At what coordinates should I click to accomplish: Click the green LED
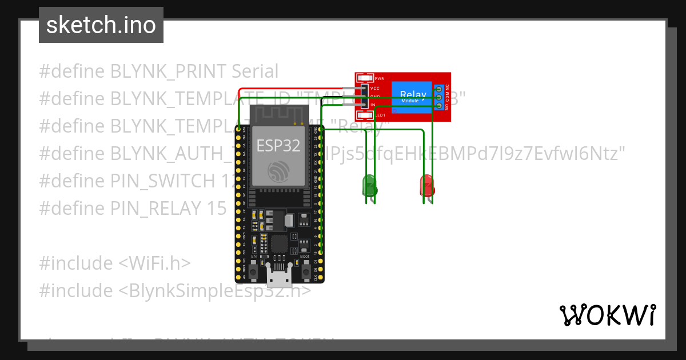(x=369, y=186)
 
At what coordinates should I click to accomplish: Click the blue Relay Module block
(x=412, y=97)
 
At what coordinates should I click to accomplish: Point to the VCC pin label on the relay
(x=375, y=89)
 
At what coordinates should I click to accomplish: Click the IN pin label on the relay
(x=373, y=105)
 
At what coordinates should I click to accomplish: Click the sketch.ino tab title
(x=101, y=25)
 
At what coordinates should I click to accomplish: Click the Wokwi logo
(x=607, y=315)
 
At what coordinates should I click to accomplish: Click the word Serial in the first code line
(x=255, y=71)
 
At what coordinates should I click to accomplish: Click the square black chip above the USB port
(x=280, y=243)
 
